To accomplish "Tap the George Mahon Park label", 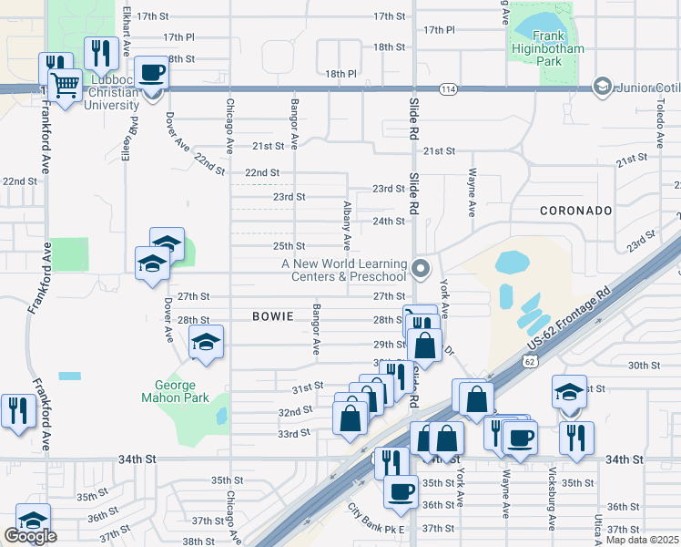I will pyautogui.click(x=176, y=391).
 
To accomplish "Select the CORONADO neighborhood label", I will pyautogui.click(x=575, y=211).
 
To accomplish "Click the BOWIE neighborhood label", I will pyautogui.click(x=273, y=316).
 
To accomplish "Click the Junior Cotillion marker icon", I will pyautogui.click(x=601, y=87).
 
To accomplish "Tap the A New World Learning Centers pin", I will pyautogui.click(x=420, y=269).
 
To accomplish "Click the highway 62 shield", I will pyautogui.click(x=529, y=361).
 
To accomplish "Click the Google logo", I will pyautogui.click(x=30, y=536).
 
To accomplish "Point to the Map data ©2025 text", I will pyautogui.click(x=643, y=541).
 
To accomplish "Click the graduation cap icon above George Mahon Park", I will pyautogui.click(x=207, y=343).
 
